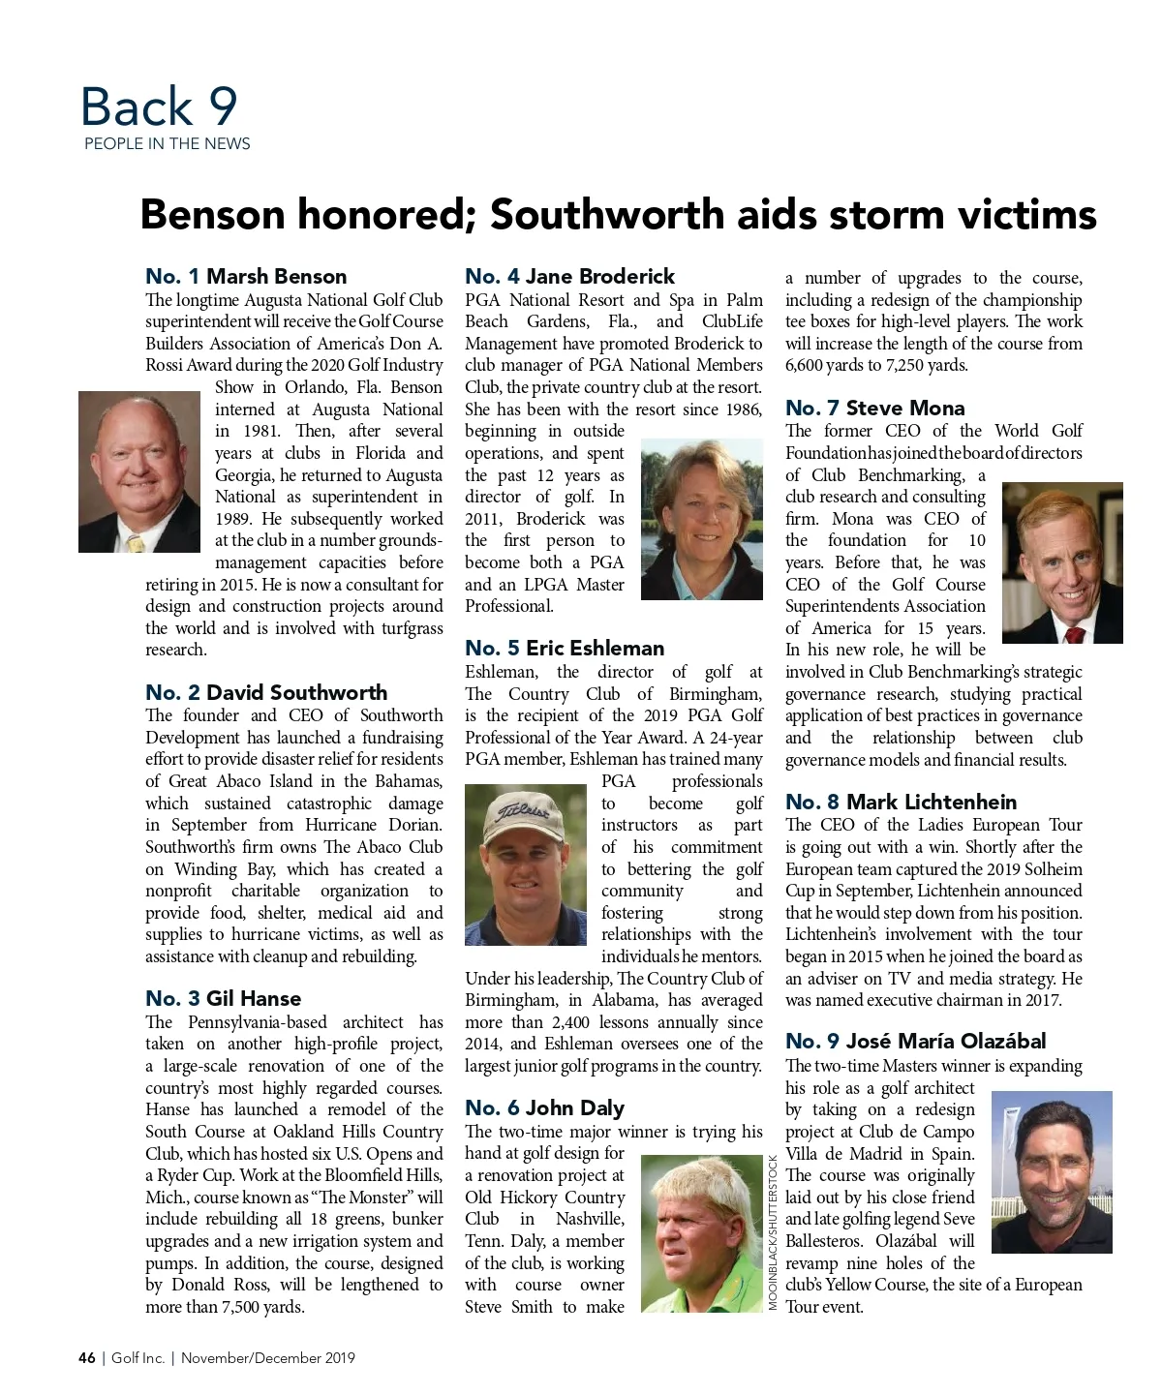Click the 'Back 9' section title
[159, 106]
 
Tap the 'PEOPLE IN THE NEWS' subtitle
[167, 144]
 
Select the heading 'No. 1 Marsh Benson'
[246, 277]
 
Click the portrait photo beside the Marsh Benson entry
[139, 471]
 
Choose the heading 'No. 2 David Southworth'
[266, 692]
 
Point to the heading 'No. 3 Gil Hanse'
[224, 998]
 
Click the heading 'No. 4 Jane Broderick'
[569, 277]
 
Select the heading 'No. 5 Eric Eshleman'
[565, 649]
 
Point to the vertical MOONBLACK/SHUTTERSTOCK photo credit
[773, 1232]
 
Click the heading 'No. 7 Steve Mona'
[874, 409]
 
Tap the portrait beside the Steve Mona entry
[1062, 562]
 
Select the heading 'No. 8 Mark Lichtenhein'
[901, 802]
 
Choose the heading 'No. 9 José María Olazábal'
[915, 1042]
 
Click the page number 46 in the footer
[87, 1358]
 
